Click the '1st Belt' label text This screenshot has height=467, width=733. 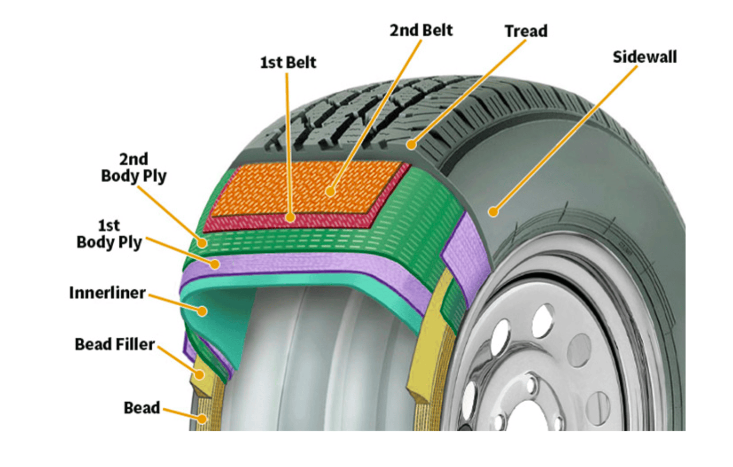point(288,62)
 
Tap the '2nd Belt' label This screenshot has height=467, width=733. point(421,31)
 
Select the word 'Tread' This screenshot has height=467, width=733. point(526,31)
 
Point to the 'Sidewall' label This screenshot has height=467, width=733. point(644,57)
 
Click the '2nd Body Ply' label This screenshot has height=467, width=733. point(134,167)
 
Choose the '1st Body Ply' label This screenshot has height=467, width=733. point(109,234)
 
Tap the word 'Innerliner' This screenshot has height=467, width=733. point(107,293)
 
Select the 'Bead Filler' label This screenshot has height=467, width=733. point(115,344)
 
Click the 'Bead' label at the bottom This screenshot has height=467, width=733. point(141,408)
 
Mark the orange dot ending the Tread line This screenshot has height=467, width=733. point(412,144)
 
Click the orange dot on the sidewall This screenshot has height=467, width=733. point(493,212)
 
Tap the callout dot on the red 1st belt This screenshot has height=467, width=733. point(291,218)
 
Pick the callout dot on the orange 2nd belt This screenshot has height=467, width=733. point(330,191)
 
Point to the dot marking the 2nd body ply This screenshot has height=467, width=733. point(202,243)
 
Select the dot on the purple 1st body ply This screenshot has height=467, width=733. point(215,264)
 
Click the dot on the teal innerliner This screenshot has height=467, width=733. point(202,311)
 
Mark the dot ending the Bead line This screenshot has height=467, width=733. point(203,418)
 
